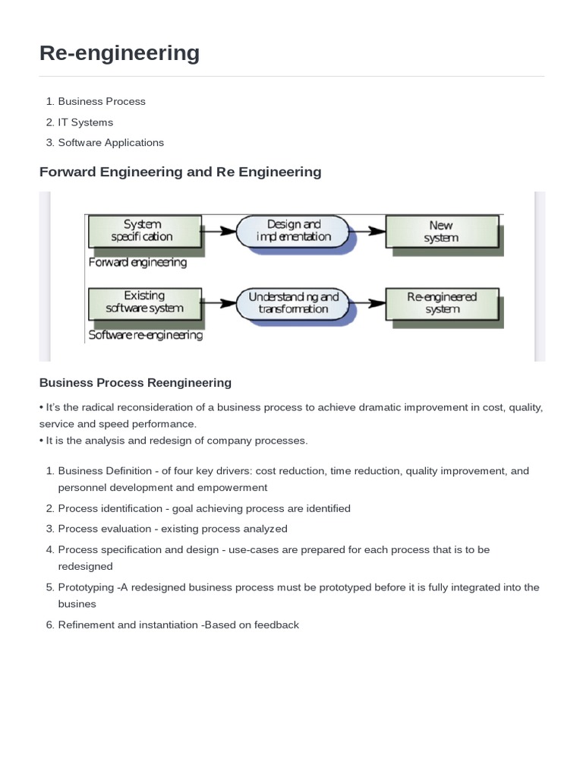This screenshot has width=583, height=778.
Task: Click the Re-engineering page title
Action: [x=119, y=53]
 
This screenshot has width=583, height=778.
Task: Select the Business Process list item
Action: [x=102, y=101]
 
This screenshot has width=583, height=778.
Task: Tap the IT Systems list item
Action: [x=85, y=122]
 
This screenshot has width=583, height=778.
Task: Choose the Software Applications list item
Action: [x=111, y=142]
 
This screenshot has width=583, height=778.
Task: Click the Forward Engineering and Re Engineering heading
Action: [x=180, y=172]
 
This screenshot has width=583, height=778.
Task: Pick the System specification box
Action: [x=144, y=230]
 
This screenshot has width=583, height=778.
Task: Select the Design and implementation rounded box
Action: [x=294, y=230]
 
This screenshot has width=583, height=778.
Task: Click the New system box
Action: [x=441, y=231]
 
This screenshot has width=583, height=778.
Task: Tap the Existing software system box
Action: [x=144, y=302]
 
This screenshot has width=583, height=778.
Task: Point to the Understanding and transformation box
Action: [x=294, y=302]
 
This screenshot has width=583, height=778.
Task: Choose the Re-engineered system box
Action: [x=442, y=302]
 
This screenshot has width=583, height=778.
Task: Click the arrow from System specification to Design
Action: [x=219, y=229]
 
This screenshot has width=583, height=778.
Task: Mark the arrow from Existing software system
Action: [x=219, y=302]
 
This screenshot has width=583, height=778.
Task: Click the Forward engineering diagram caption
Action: [x=137, y=263]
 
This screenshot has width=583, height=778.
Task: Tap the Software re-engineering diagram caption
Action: [x=146, y=335]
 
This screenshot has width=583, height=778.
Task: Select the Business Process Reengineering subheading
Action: [x=135, y=382]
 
